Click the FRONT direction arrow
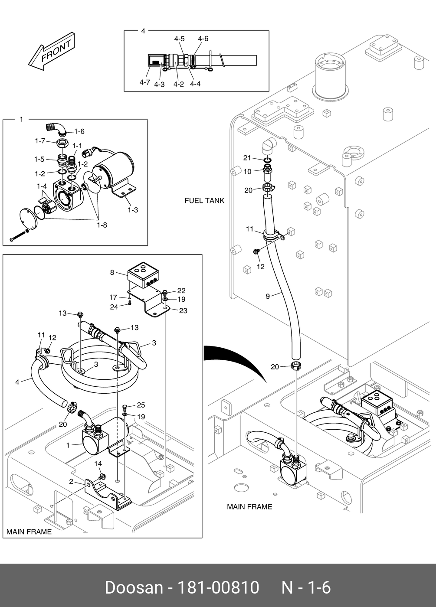[x=52, y=52]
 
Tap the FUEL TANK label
[x=204, y=200]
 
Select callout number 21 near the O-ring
[x=247, y=158]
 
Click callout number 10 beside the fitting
[x=248, y=172]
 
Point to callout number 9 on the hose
[x=268, y=297]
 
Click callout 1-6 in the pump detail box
[x=79, y=131]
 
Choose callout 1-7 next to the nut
[x=40, y=141]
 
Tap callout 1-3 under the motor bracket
[x=133, y=210]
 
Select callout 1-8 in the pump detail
[x=102, y=225]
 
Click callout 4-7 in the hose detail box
[x=145, y=82]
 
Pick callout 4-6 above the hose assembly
[x=203, y=39]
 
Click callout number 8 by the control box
[x=112, y=272]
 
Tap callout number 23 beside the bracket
[x=183, y=311]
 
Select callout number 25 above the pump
[x=141, y=405]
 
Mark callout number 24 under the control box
[x=114, y=307]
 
